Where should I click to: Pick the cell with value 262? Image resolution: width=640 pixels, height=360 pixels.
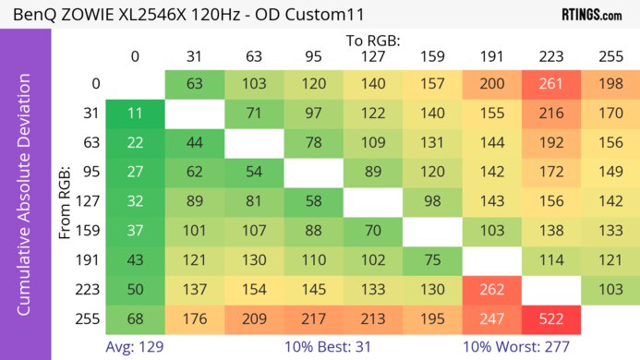pyautogui.click(x=492, y=291)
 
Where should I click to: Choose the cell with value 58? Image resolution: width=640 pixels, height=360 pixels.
pyautogui.click(x=314, y=202)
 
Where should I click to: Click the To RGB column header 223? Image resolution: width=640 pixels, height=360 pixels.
pyautogui.click(x=551, y=56)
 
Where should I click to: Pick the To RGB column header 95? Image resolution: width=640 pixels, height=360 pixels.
pyautogui.click(x=314, y=56)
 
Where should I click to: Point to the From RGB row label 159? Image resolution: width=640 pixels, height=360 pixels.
pyautogui.click(x=91, y=232)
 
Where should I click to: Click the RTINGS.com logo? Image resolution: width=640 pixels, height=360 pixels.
pyautogui.click(x=592, y=15)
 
